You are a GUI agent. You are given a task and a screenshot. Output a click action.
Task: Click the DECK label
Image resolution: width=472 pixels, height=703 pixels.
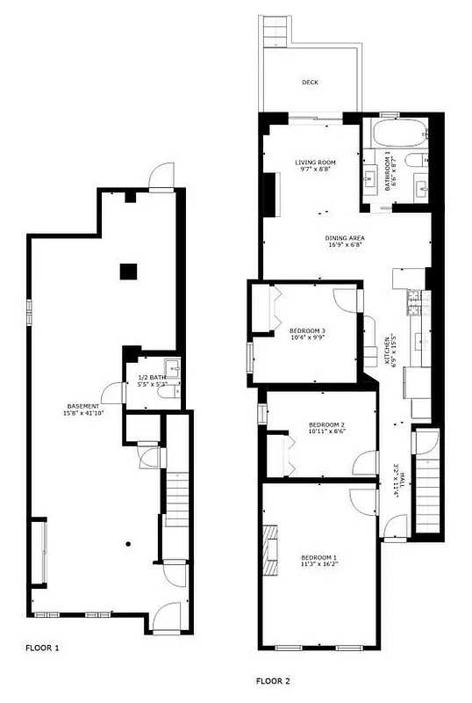click(310, 83)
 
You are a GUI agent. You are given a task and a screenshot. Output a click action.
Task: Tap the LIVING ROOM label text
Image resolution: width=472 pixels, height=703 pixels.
click(315, 163)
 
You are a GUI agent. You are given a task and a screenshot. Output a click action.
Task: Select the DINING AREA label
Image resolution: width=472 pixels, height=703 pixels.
click(345, 238)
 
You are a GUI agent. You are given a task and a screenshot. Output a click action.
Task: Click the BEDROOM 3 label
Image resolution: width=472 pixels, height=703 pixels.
click(307, 330)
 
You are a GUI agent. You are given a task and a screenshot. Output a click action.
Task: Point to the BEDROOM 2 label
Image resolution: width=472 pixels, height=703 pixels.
click(325, 425)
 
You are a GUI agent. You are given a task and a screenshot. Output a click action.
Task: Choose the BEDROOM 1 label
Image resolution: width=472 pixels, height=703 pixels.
click(318, 557)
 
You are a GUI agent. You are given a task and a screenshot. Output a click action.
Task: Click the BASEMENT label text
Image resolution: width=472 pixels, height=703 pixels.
click(83, 406)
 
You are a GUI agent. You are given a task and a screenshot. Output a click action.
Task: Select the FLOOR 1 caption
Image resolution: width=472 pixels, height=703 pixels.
click(43, 649)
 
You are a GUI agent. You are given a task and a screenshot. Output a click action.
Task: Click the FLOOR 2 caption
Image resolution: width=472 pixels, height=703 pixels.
click(273, 680)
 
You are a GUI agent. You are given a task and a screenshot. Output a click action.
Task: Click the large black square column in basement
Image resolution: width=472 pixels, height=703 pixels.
click(129, 271)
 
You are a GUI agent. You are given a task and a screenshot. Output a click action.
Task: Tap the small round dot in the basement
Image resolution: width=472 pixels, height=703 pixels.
click(128, 544)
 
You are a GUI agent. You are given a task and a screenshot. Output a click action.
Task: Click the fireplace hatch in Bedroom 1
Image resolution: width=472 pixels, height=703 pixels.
click(272, 550)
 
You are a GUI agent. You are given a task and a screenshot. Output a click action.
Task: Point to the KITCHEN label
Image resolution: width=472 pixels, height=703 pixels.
click(388, 350)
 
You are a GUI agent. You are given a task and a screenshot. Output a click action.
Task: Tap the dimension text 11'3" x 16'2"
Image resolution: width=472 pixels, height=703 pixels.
click(318, 564)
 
